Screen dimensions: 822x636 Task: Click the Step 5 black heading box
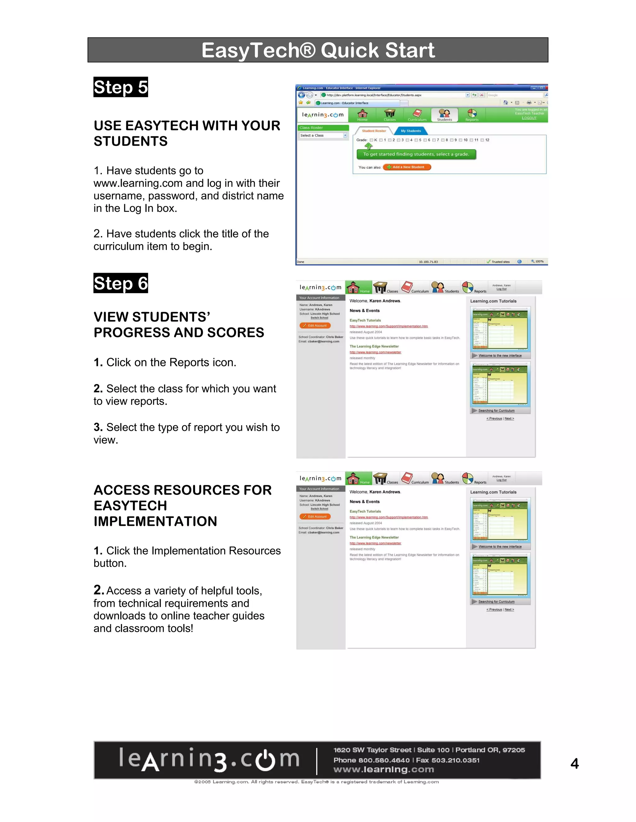tap(120, 87)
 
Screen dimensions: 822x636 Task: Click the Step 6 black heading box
tap(120, 283)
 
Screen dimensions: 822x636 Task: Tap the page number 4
tap(574, 763)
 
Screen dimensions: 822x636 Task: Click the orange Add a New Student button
tap(407, 167)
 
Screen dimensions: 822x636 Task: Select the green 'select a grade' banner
tap(416, 154)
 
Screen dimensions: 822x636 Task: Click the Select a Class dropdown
tap(323, 136)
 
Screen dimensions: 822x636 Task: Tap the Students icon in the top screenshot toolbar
tap(445, 114)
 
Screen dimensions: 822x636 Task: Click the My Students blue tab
tap(411, 131)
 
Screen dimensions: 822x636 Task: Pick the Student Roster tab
tap(374, 131)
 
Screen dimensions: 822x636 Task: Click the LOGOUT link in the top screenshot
tap(529, 118)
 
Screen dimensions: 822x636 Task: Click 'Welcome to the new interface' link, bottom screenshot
tap(500, 547)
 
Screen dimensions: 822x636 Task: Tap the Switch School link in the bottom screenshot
tap(319, 508)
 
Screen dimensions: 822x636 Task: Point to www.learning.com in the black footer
tap(384, 770)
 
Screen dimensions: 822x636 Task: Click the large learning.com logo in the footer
tap(209, 760)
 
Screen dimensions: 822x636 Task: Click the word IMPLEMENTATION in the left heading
tap(155, 521)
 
